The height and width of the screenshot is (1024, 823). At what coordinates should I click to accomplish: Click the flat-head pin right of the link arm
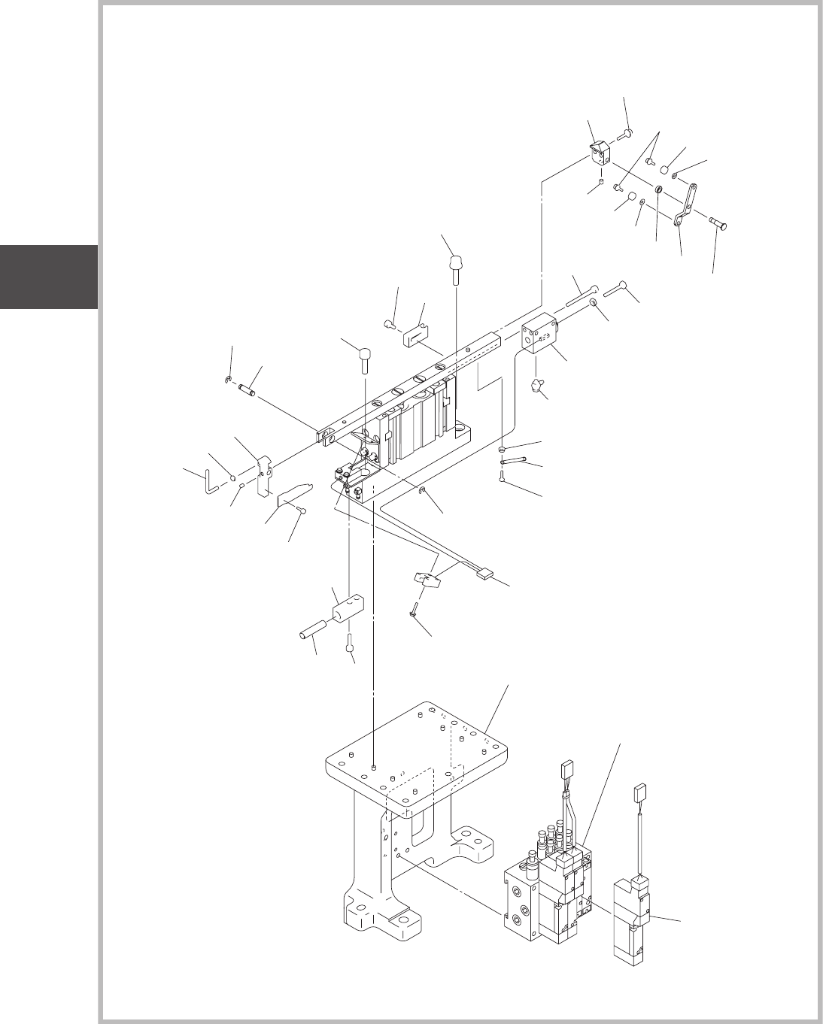[719, 223]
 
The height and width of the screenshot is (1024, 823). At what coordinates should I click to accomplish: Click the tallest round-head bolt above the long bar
[456, 268]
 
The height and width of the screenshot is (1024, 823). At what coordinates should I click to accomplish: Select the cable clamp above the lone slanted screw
[427, 580]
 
